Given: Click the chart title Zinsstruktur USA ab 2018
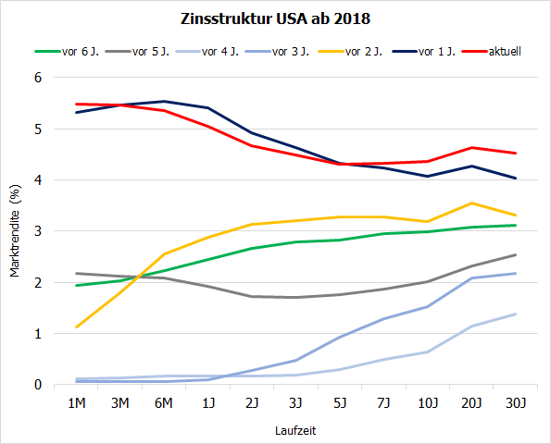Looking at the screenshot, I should [274, 18].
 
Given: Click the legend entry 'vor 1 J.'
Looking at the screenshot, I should [436, 51].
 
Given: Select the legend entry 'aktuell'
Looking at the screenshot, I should [506, 51].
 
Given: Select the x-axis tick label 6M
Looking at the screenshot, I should [164, 402].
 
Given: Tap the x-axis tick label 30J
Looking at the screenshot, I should [516, 402].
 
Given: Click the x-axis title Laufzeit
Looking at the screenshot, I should [295, 430].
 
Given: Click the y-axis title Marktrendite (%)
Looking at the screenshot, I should [15, 231].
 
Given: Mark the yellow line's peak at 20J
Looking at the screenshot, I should [472, 203].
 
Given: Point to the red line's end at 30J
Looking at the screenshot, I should [516, 154].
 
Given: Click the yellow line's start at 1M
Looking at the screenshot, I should [76, 327].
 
